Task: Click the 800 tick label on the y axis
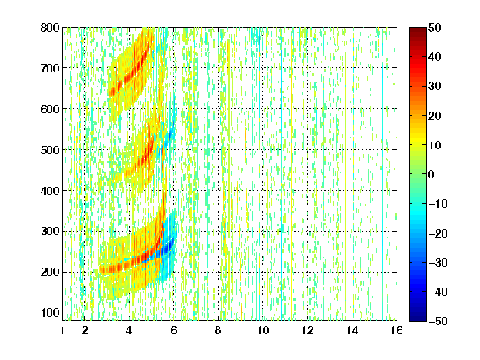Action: (50, 27)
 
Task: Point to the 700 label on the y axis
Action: (50, 68)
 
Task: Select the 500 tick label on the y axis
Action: (50, 150)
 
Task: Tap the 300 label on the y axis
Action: (50, 232)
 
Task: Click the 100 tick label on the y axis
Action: (50, 312)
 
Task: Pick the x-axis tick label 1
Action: (62, 330)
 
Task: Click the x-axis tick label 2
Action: (84, 330)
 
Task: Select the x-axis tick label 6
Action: (173, 330)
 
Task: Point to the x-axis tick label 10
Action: (262, 330)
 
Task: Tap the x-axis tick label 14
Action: (352, 330)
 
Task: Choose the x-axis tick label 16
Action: (397, 330)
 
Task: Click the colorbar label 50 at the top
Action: (434, 27)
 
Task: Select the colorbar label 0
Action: (431, 174)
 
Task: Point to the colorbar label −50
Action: (438, 321)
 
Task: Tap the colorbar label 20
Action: (434, 116)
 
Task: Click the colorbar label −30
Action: (438, 262)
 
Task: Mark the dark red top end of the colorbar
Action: (417, 29)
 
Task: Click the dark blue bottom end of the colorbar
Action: (417, 319)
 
